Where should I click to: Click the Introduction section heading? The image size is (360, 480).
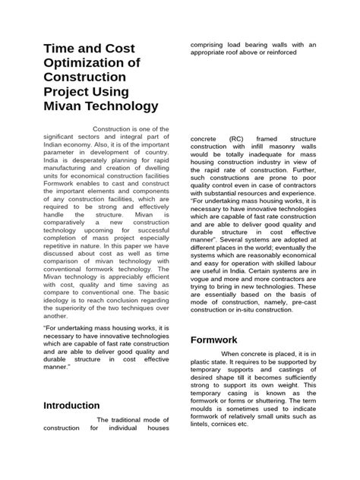[72, 406]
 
